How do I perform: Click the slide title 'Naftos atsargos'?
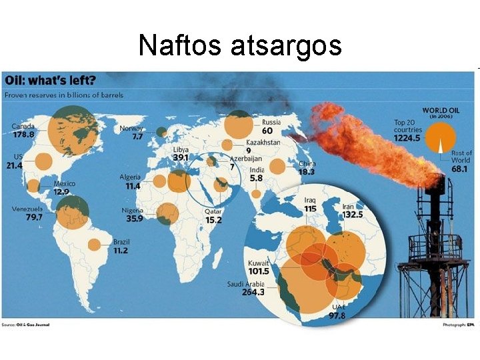(x=239, y=45)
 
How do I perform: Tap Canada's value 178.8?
(x=24, y=135)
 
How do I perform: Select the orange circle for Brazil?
(x=95, y=245)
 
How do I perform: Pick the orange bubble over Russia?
(x=239, y=125)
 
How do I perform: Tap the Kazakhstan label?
(x=263, y=142)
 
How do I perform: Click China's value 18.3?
(x=307, y=172)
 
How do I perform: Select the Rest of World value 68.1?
(x=461, y=169)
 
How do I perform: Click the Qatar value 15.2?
(x=214, y=220)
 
